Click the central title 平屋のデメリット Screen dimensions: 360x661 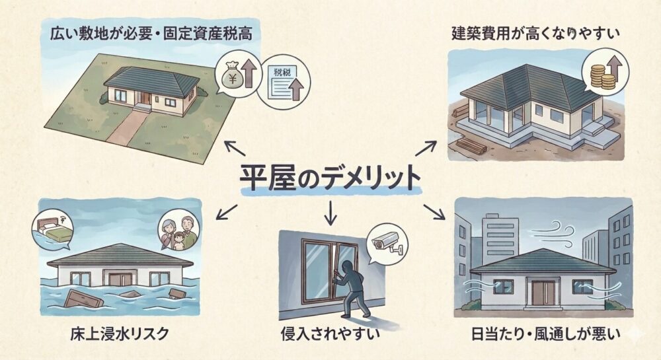(x=329, y=178)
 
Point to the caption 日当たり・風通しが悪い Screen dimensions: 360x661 (x=543, y=334)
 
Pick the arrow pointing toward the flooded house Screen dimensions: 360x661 (x=227, y=211)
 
